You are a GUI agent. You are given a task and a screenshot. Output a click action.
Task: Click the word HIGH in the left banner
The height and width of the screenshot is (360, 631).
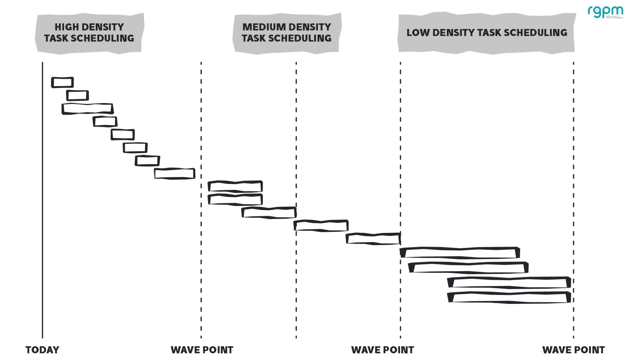[67, 27]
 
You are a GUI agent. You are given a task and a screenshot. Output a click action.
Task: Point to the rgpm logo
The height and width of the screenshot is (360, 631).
[605, 12]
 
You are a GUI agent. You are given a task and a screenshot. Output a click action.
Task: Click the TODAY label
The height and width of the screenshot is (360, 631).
[42, 350]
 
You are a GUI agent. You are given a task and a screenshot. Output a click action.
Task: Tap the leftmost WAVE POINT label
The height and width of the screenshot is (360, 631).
[202, 350]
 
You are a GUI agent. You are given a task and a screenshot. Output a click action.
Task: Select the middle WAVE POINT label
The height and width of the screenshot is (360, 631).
[382, 350]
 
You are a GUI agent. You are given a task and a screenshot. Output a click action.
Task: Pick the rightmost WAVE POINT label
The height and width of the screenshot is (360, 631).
[573, 350]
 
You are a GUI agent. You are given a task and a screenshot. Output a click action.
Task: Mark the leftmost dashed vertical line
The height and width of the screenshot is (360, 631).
[201, 126]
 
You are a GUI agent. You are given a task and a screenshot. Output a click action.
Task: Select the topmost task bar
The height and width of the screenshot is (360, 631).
[62, 83]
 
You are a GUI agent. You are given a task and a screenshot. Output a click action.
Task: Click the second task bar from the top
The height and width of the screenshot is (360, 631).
[78, 95]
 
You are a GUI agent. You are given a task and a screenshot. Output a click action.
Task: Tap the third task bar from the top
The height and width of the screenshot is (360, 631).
[88, 109]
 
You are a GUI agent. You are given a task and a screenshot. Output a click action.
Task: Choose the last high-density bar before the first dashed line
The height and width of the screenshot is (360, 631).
[174, 174]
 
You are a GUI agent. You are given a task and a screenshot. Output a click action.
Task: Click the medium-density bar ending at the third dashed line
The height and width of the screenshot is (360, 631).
[373, 239]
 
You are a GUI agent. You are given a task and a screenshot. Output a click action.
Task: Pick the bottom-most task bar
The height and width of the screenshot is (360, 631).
[509, 298]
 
